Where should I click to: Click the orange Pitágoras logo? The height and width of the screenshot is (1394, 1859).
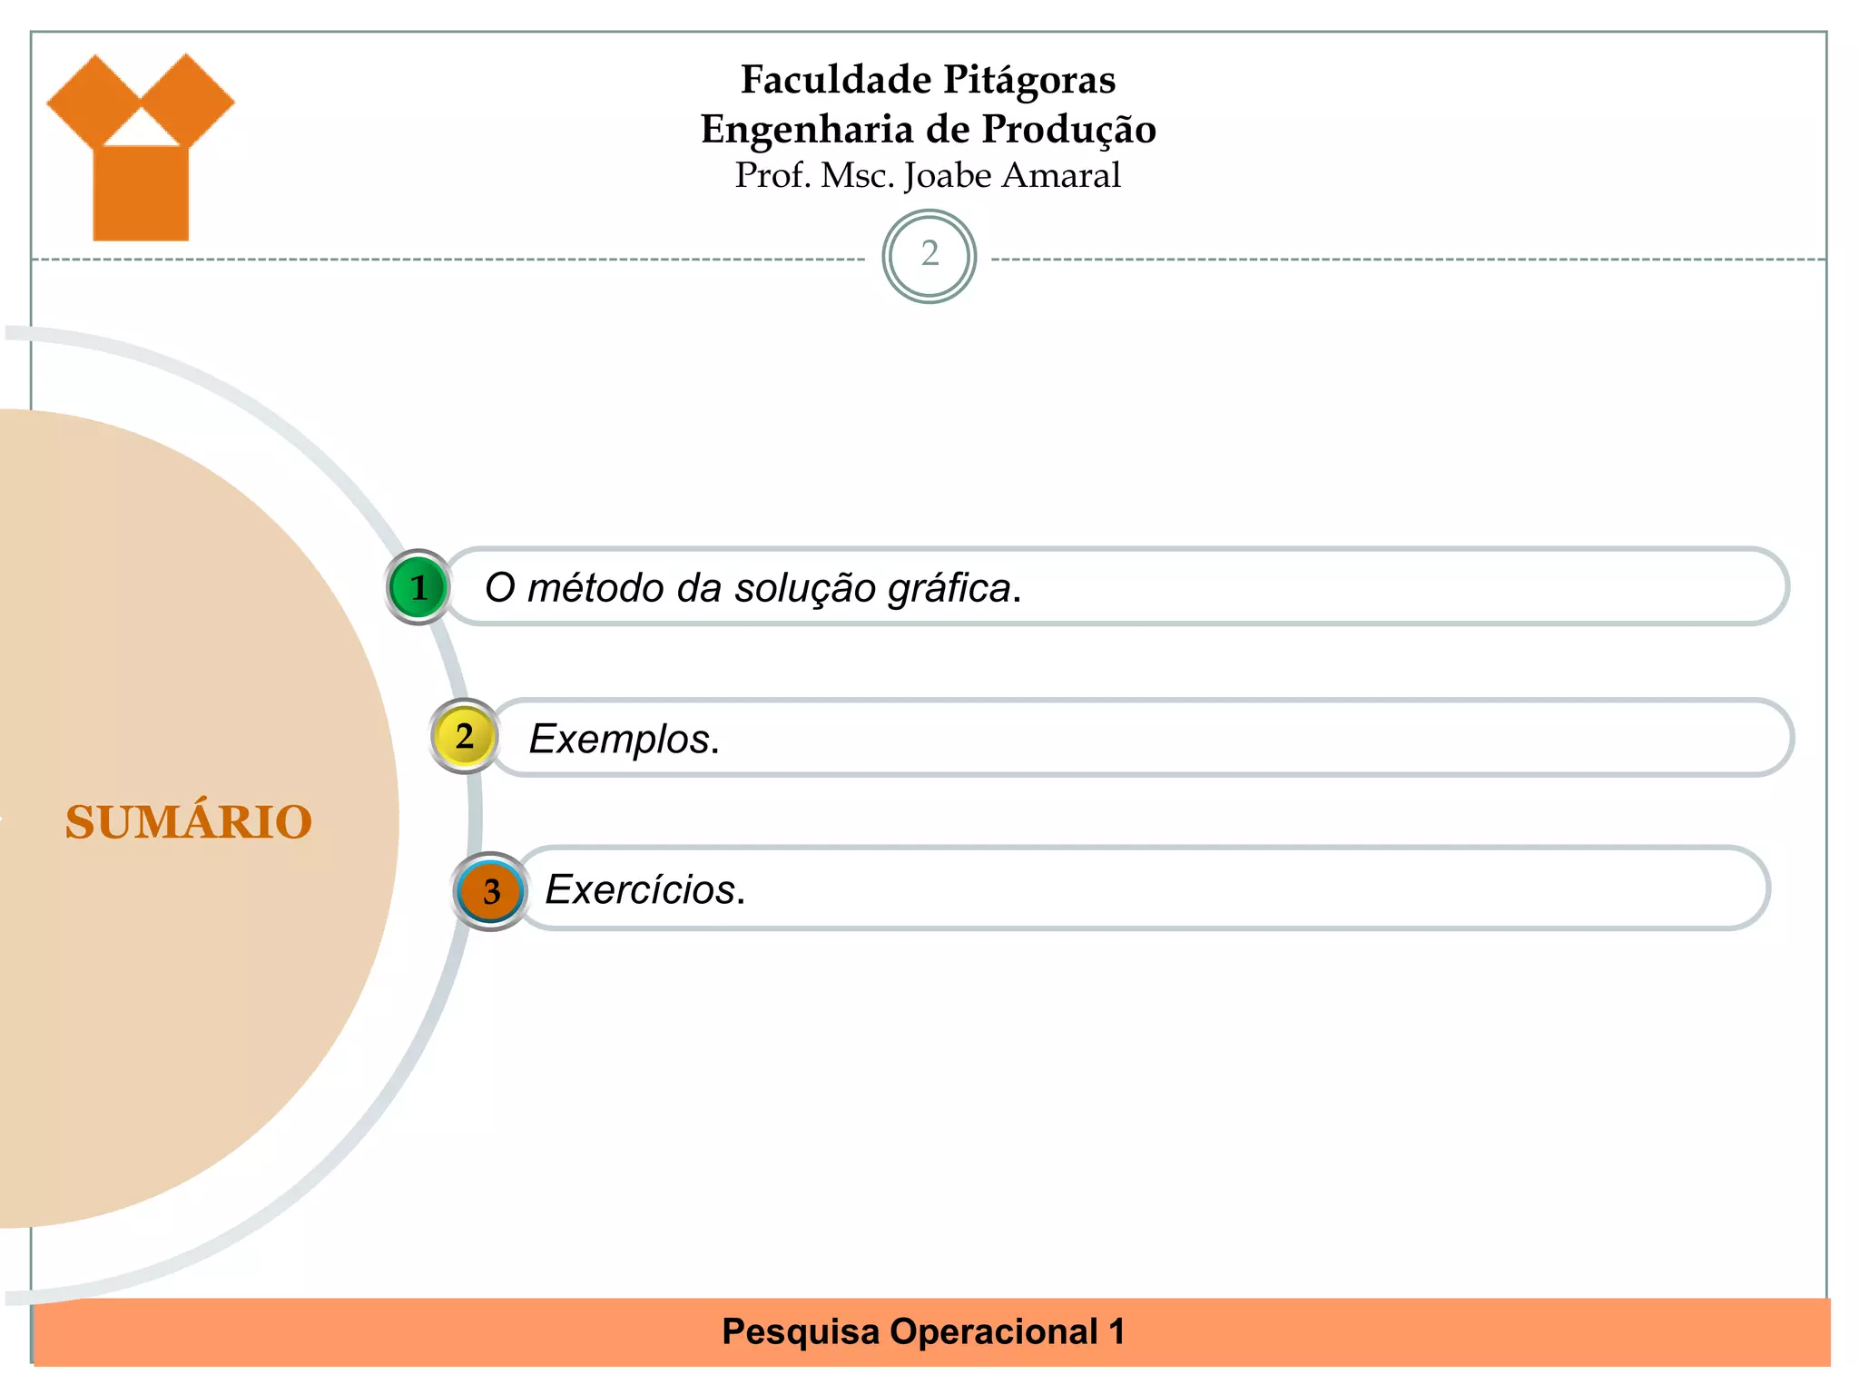tap(141, 150)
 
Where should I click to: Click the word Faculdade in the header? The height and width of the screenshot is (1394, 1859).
tap(836, 80)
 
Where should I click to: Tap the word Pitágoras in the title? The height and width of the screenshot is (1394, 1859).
tap(1029, 80)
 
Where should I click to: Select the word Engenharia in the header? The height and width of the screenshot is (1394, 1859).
tap(806, 130)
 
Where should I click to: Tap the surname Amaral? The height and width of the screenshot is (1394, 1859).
tap(1061, 176)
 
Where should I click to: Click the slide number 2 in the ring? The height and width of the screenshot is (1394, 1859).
tap(929, 255)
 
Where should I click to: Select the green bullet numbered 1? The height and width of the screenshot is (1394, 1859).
tap(418, 587)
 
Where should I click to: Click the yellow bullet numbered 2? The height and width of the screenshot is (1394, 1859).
tap(465, 736)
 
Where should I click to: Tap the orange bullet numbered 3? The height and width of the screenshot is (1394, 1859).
tap(491, 891)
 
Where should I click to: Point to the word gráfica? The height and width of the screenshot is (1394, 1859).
tap(949, 588)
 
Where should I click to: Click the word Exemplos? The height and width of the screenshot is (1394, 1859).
tap(620, 739)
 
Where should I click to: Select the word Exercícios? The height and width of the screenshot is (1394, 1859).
tap(641, 889)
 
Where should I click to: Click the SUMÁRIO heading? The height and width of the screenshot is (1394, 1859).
tap(189, 822)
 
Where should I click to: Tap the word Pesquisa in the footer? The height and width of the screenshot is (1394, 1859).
tap(801, 1332)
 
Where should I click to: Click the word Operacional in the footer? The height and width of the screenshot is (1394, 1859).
tap(994, 1332)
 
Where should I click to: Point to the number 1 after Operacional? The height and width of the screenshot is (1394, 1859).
tap(1116, 1332)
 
